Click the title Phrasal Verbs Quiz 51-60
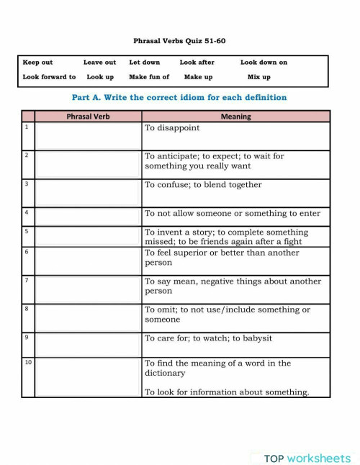[x=179, y=41]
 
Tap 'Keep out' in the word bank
[x=37, y=63]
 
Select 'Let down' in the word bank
[x=145, y=63]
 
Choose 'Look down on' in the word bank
[x=264, y=63]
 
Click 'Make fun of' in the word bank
[x=149, y=77]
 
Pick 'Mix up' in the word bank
[x=259, y=77]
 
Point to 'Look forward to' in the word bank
[x=49, y=77]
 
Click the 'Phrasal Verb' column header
[x=88, y=116]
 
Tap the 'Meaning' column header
[x=235, y=116]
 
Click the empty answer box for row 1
[x=88, y=135]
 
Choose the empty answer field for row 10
[x=88, y=376]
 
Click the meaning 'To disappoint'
[x=173, y=128]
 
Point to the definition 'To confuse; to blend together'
[x=203, y=185]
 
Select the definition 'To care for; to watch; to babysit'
[x=208, y=338]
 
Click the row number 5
[x=27, y=232]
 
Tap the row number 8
[x=27, y=309]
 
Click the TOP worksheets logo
[x=307, y=458]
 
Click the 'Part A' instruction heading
[x=179, y=97]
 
